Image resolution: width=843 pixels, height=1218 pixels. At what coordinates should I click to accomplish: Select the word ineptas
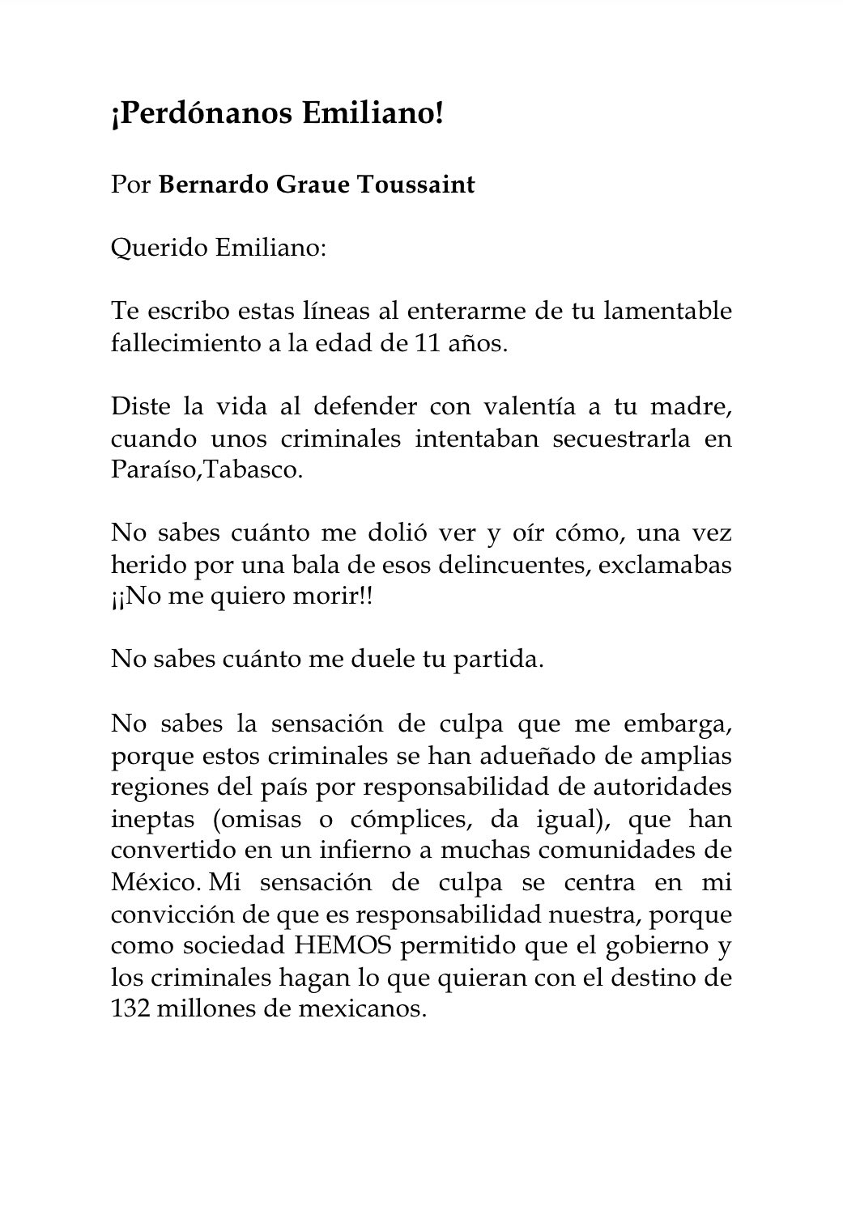click(152, 818)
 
